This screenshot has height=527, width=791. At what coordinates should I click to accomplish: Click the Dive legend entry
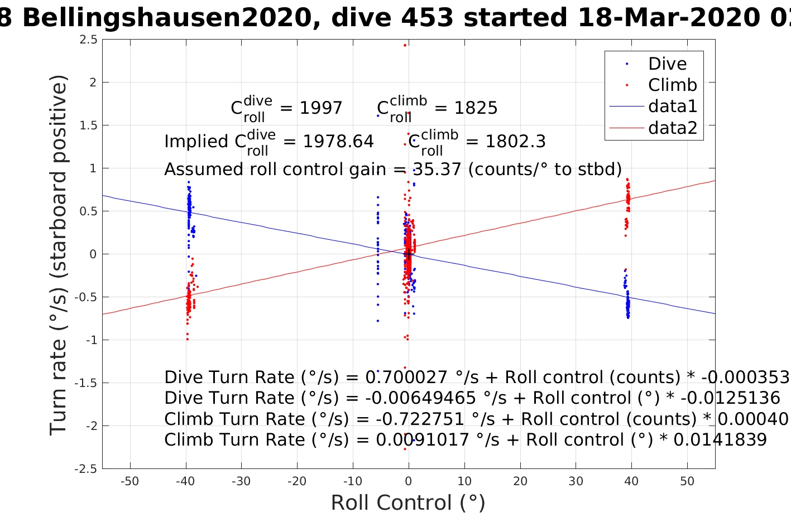click(x=667, y=64)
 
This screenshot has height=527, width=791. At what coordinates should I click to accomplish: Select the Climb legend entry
click(x=672, y=85)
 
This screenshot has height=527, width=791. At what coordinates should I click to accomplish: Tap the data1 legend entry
click(x=672, y=107)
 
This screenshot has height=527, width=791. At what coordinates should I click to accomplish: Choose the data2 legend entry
click(x=672, y=128)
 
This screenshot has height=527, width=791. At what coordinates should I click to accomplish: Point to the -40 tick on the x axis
click(x=185, y=481)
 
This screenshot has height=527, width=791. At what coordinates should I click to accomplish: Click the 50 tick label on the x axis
click(x=687, y=481)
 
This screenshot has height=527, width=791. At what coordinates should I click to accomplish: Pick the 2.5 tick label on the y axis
click(x=88, y=40)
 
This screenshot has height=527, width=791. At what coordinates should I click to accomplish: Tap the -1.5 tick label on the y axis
click(x=85, y=383)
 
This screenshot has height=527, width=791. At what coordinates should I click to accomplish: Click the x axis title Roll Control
click(x=408, y=503)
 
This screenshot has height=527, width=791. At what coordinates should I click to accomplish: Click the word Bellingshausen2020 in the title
click(x=166, y=18)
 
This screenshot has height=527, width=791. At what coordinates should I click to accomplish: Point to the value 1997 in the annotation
click(x=321, y=108)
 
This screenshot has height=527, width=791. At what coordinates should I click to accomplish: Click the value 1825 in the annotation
click(x=476, y=108)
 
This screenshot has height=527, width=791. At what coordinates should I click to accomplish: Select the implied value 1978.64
click(x=338, y=142)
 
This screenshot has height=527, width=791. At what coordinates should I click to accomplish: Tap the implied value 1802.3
click(x=515, y=142)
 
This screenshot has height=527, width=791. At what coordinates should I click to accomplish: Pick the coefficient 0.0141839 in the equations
click(x=720, y=440)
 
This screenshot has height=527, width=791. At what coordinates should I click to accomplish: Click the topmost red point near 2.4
click(x=405, y=45)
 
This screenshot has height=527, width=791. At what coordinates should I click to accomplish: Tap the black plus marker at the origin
click(x=409, y=254)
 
